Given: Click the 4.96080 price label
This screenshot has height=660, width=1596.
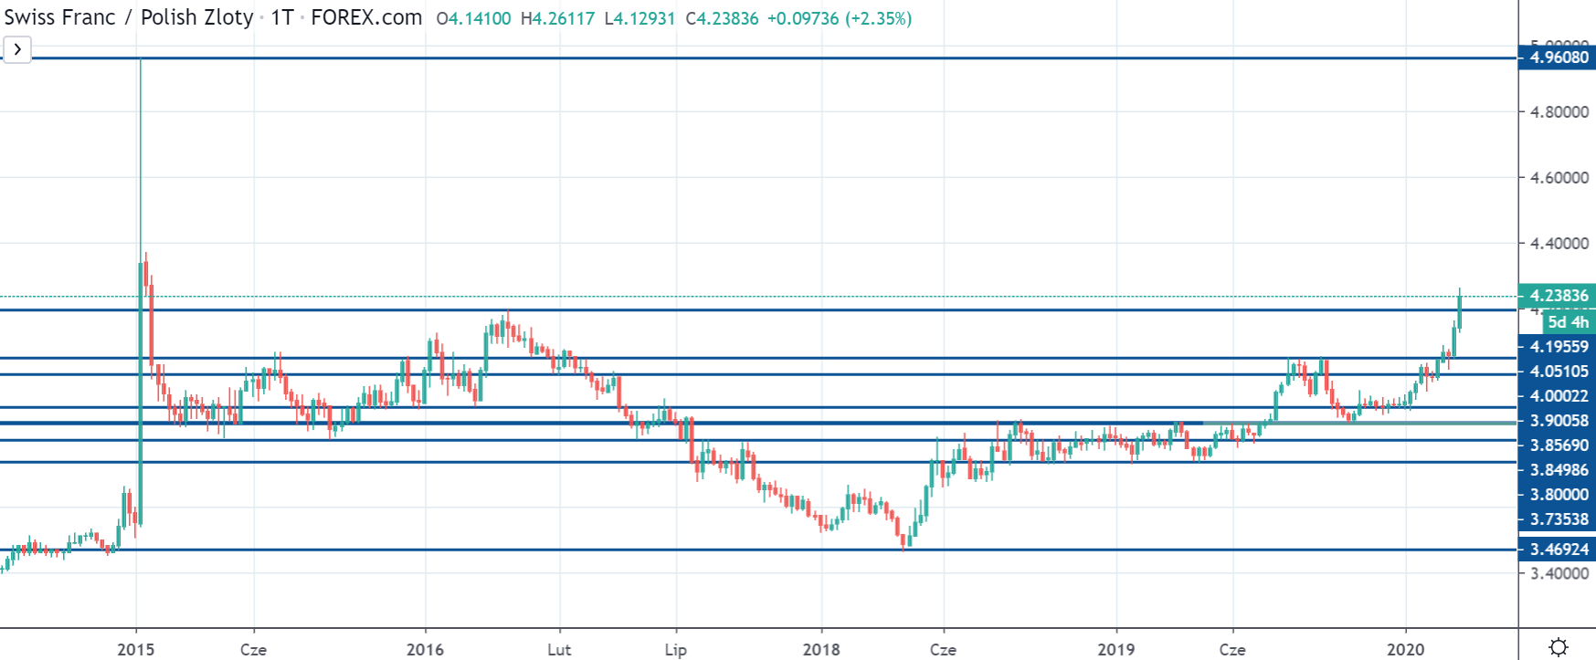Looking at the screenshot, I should click(x=1559, y=58).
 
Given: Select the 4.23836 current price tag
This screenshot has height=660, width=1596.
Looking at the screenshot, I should click(x=1559, y=296).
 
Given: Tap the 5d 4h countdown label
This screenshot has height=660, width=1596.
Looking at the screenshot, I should click(x=1568, y=322).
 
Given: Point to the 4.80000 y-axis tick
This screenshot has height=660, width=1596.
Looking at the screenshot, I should click(x=1559, y=112).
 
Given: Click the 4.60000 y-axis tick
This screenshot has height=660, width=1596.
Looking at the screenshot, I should click(x=1559, y=178).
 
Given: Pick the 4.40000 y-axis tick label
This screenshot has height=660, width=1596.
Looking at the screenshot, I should click(x=1559, y=244).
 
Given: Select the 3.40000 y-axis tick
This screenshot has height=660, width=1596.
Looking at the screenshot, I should click(x=1559, y=573).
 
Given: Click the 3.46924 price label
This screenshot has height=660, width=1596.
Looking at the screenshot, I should click(x=1559, y=550).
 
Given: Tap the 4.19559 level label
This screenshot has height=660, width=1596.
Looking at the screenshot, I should click(x=1559, y=347).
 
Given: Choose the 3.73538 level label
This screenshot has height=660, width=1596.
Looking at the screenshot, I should click(x=1559, y=519).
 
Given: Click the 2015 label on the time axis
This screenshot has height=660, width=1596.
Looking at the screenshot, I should click(x=136, y=649).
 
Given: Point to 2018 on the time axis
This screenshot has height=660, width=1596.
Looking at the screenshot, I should click(x=821, y=649).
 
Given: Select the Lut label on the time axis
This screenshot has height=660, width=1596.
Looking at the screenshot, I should click(x=559, y=649).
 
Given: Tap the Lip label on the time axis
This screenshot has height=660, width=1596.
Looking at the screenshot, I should click(x=676, y=649).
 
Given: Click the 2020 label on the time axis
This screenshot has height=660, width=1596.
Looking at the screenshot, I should click(x=1405, y=649).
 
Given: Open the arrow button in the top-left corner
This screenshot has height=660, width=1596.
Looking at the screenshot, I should click(x=17, y=49).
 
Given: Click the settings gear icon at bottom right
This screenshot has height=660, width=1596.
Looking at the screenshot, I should click(x=1559, y=647).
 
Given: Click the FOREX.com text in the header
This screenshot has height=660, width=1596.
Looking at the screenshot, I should click(x=366, y=17).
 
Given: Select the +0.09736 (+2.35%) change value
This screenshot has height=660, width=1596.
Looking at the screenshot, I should click(x=839, y=18).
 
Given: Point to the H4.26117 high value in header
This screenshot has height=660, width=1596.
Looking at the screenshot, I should click(x=557, y=18).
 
